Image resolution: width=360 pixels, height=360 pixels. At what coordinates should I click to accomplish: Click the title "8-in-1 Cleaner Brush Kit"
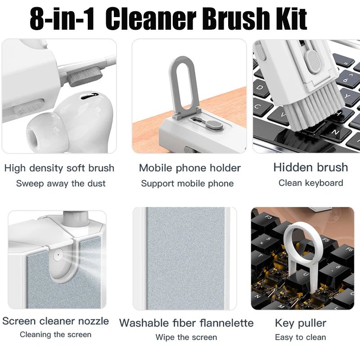(x=168, y=19)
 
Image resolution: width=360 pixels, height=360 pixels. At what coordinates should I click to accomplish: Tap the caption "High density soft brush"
(x=59, y=168)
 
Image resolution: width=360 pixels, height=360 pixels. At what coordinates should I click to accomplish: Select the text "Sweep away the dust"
(x=61, y=183)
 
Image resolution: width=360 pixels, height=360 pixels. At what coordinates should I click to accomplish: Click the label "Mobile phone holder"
(x=189, y=168)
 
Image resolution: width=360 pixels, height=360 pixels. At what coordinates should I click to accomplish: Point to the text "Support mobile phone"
(x=187, y=183)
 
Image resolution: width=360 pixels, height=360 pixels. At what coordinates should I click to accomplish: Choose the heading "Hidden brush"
(x=310, y=167)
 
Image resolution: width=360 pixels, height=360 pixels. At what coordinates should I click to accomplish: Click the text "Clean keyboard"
(x=310, y=183)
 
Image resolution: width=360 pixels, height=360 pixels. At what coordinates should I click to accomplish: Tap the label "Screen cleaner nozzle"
(x=55, y=321)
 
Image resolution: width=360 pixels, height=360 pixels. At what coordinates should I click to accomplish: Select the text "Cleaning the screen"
(x=55, y=334)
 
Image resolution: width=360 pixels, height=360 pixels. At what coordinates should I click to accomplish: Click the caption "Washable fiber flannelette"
(x=186, y=323)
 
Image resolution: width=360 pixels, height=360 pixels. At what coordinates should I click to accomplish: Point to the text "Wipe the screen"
(x=186, y=337)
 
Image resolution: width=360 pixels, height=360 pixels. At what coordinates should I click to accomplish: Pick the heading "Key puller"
(x=300, y=323)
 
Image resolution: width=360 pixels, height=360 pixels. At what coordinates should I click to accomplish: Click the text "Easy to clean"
(x=300, y=337)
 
